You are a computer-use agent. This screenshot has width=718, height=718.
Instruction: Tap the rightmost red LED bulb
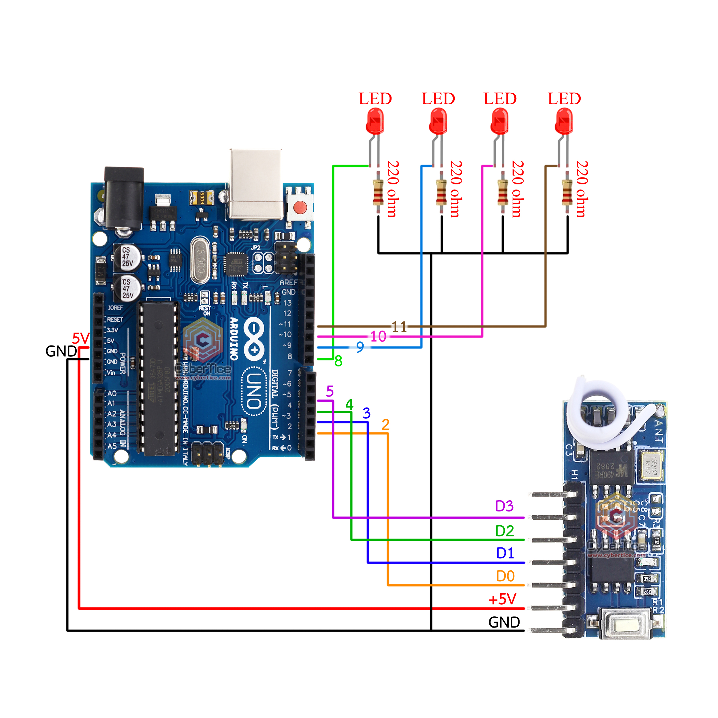[564, 121]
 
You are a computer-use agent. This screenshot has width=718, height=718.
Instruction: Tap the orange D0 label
[505, 576]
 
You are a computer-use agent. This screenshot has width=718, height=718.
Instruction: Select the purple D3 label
[504, 506]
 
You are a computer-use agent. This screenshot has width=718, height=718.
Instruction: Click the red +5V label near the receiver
[502, 599]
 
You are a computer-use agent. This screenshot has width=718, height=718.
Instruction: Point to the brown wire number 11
[399, 327]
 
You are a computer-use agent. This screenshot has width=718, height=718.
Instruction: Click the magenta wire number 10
[378, 337]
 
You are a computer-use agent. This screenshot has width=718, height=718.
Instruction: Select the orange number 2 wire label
[385, 425]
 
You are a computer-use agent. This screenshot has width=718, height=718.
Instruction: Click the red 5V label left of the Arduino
[81, 338]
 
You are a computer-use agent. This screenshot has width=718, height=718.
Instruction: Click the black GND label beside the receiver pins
[504, 622]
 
